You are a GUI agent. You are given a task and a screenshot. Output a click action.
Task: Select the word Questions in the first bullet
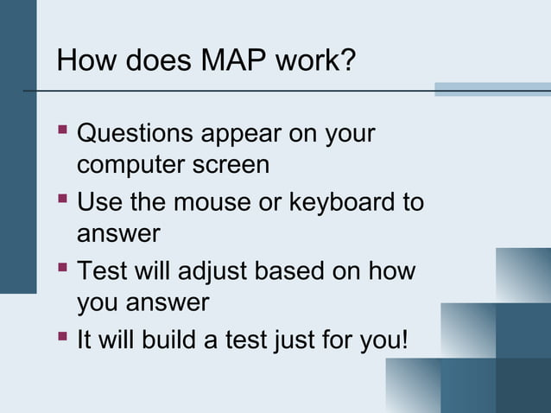pyautogui.click(x=136, y=136)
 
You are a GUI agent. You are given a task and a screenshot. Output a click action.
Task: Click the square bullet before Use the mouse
pyautogui.click(x=62, y=202)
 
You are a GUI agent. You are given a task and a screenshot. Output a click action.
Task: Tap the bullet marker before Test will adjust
pyautogui.click(x=62, y=270)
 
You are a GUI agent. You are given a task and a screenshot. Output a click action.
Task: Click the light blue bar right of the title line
pyautogui.click(x=491, y=89)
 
